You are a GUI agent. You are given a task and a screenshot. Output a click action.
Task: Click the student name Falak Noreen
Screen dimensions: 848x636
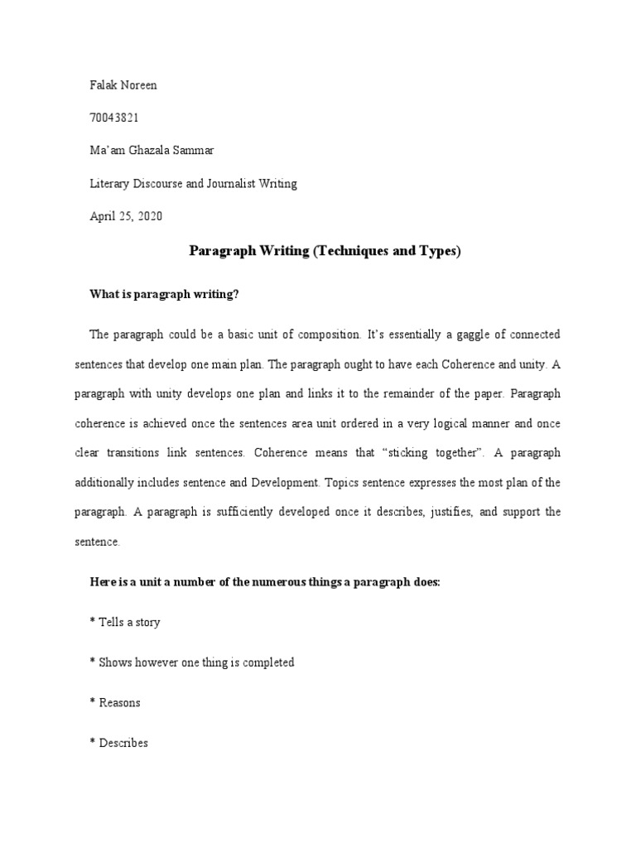124,86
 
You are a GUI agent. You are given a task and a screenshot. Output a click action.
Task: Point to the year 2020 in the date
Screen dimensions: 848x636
150,216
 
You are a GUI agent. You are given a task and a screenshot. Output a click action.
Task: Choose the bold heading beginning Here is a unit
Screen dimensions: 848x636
265,582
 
